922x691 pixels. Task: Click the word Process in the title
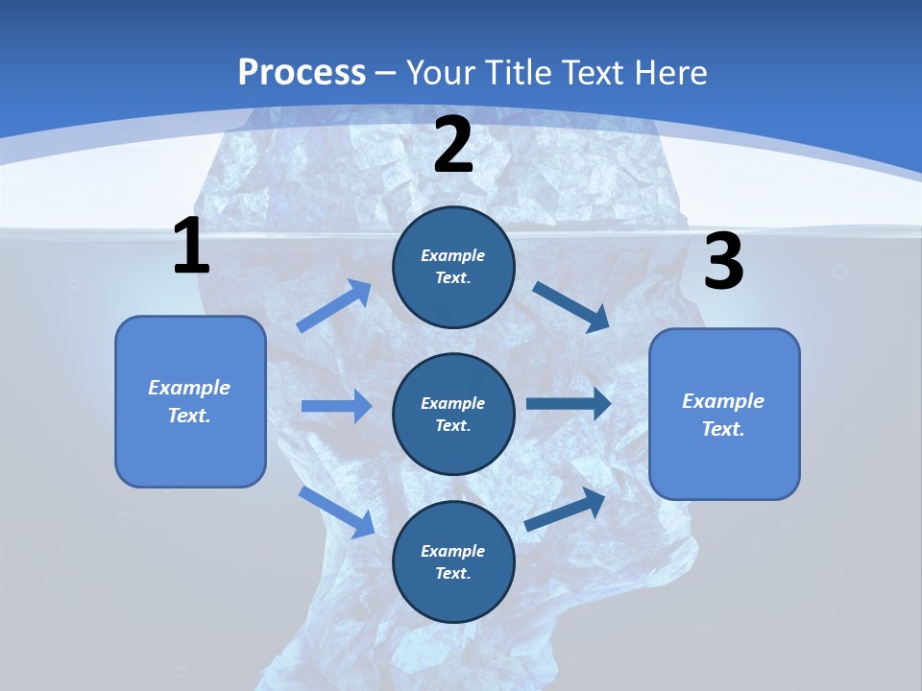click(302, 72)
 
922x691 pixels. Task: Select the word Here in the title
click(669, 72)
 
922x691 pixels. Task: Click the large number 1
click(191, 247)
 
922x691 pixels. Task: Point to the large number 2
click(453, 145)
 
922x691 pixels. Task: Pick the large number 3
click(723, 262)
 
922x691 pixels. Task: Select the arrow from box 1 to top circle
click(334, 306)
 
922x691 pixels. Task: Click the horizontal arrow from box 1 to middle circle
click(336, 406)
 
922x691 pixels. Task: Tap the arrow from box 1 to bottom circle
click(336, 512)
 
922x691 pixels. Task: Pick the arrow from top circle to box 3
click(571, 306)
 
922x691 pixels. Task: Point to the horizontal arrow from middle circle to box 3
click(569, 403)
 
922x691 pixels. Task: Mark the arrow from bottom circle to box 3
click(566, 510)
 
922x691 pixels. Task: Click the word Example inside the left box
click(189, 388)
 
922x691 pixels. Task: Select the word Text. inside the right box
click(723, 429)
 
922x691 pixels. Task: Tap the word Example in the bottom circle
click(453, 551)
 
